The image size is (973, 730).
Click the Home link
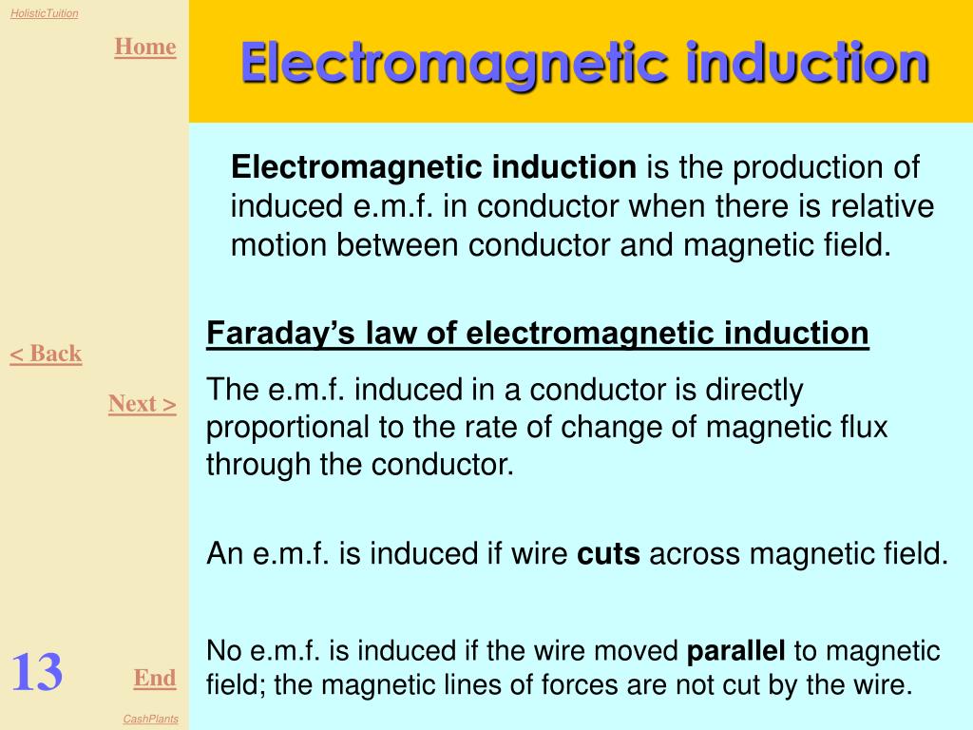(145, 47)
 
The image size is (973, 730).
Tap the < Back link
(46, 354)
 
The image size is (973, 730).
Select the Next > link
(143, 403)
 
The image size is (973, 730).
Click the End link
(155, 677)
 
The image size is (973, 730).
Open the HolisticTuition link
(44, 13)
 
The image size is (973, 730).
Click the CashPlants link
(151, 719)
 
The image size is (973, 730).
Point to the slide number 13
(37, 672)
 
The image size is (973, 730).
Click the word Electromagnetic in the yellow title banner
(455, 64)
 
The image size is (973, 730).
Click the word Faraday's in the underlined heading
(280, 333)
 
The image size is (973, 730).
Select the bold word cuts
(608, 554)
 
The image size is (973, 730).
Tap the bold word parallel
(736, 650)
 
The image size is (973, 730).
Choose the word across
(695, 554)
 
